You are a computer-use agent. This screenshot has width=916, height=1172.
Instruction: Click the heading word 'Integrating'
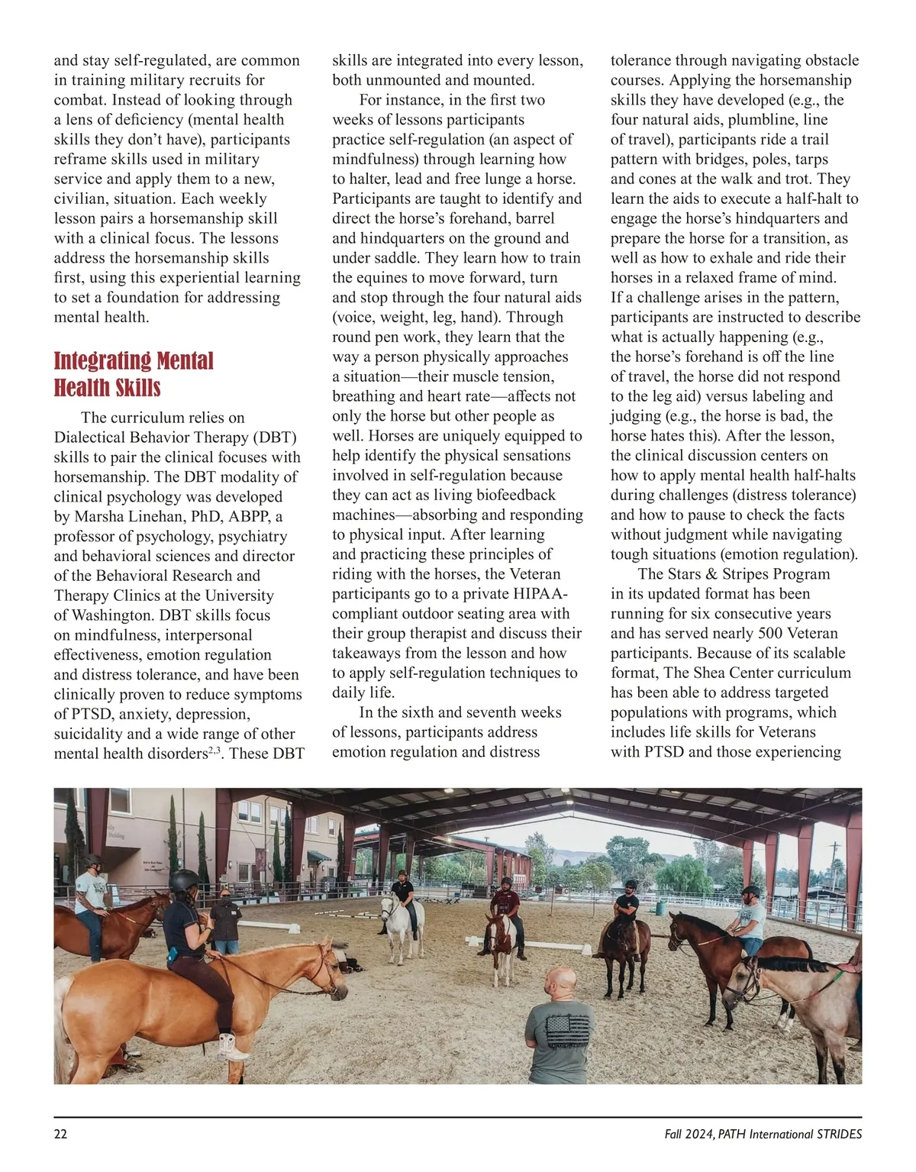pos(102,360)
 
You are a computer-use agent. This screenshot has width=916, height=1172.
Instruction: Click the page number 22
pos(61,1134)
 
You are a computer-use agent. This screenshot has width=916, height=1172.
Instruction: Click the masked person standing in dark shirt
pos(226,916)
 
